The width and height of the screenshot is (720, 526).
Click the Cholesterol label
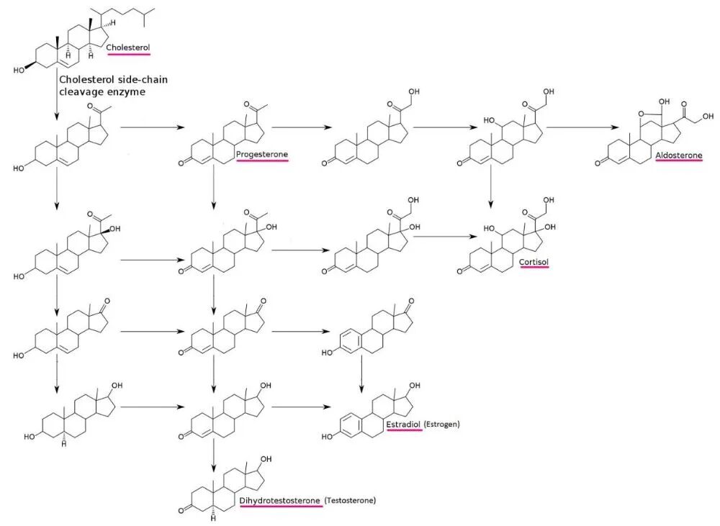point(128,47)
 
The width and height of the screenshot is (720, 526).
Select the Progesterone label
point(262,154)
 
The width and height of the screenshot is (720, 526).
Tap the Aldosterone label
point(679,155)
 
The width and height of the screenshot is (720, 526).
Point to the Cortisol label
point(534,262)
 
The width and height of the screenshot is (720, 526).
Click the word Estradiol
point(404,425)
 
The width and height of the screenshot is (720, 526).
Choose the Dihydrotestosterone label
point(280,500)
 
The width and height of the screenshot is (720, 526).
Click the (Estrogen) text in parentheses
point(442,424)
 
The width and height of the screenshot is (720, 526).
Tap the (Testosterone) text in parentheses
point(350,500)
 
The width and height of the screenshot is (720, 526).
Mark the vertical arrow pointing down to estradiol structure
point(361,374)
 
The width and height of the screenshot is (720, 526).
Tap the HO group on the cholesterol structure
point(19,71)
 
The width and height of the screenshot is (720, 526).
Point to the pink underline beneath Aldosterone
point(679,161)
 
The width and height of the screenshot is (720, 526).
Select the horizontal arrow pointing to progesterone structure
point(152,127)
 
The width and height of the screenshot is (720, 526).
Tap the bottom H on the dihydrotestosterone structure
point(214,519)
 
